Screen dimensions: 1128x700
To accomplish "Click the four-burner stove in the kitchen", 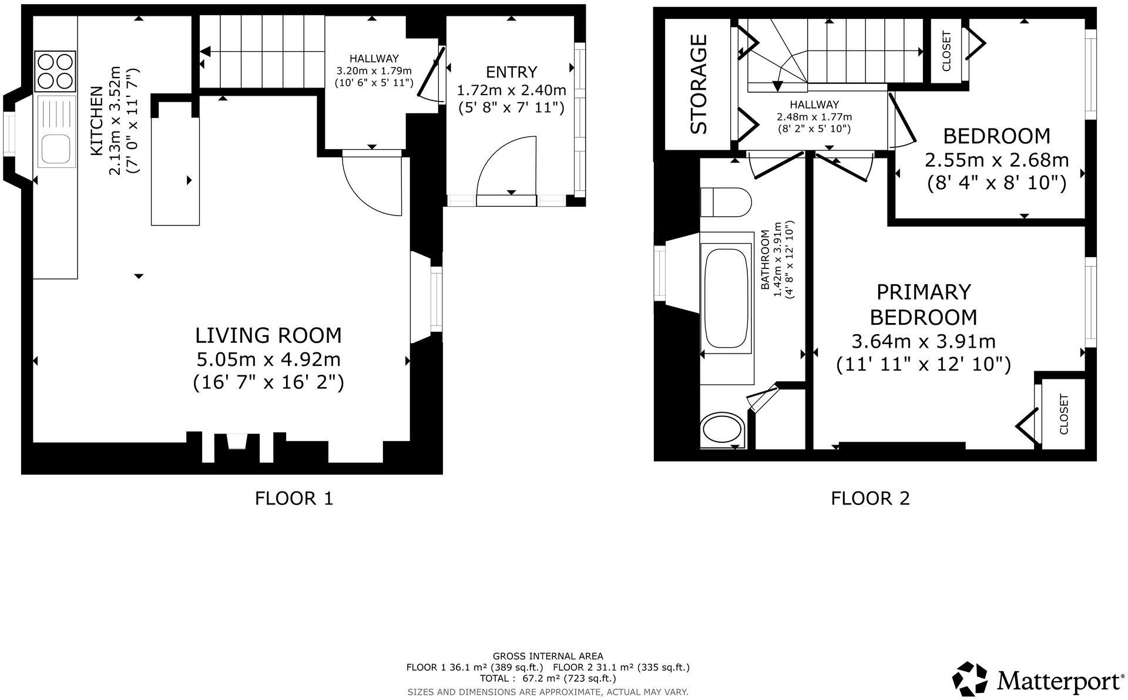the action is click(x=56, y=72).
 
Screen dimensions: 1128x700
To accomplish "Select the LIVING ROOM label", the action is click(x=268, y=335).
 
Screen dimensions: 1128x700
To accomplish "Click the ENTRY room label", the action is click(x=512, y=72).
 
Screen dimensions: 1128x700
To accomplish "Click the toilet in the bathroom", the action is click(x=726, y=201).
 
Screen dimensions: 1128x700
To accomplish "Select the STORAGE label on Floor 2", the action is click(x=699, y=84).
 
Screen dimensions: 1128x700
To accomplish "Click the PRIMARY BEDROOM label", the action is click(x=923, y=304).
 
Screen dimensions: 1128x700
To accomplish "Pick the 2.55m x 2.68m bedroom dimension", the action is click(x=997, y=160).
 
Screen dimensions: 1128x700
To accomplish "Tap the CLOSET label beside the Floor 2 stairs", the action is click(x=946, y=51).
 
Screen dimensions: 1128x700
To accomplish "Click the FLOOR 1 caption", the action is click(x=294, y=499).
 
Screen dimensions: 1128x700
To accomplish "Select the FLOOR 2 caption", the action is click(x=870, y=499).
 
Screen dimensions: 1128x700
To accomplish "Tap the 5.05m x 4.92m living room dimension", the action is click(x=268, y=359).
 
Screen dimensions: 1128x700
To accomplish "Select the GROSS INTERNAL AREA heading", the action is click(x=548, y=656).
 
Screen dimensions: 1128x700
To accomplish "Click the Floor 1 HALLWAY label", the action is click(x=374, y=59).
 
